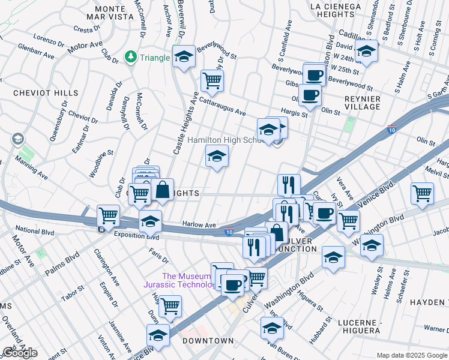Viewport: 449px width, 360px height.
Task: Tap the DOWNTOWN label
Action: (208, 341)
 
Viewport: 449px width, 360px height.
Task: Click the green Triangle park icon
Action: (130, 57)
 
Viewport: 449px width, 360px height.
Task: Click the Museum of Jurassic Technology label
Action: (180, 280)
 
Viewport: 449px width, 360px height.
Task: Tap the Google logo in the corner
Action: (20, 353)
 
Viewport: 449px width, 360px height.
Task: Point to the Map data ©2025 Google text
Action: (412, 355)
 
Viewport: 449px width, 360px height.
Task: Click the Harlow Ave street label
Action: (199, 225)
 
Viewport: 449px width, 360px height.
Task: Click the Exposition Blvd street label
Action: (132, 237)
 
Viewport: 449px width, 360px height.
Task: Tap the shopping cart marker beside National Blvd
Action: (108, 214)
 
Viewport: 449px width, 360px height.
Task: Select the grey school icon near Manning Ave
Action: (17, 139)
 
